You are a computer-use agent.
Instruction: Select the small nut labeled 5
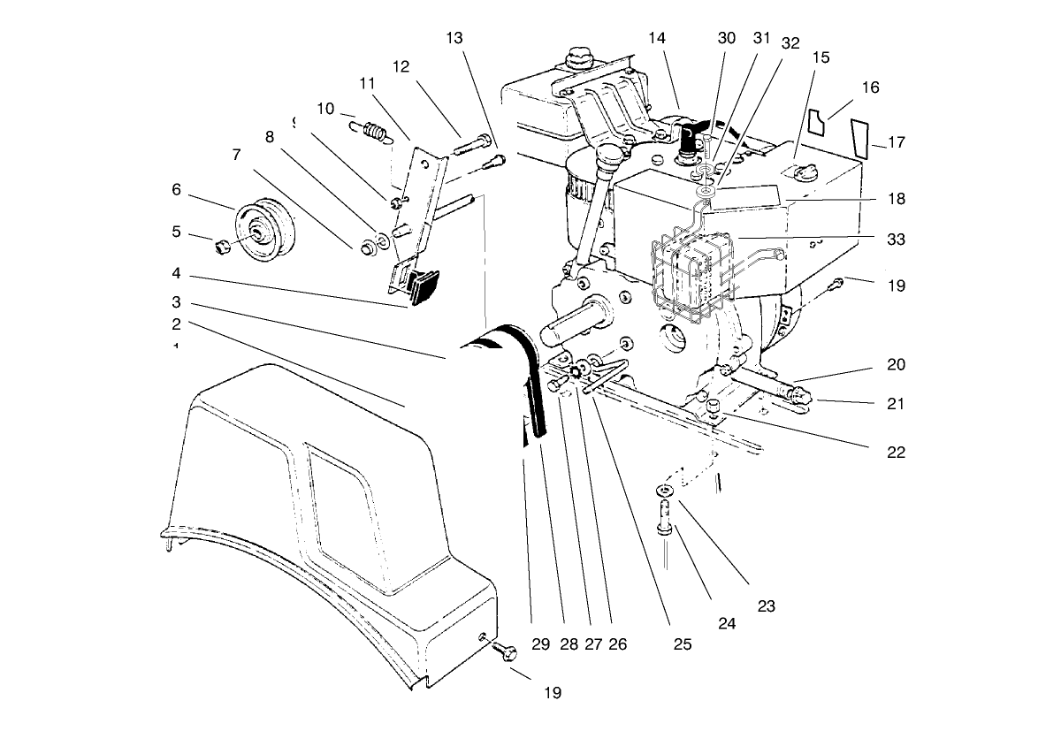[221, 244]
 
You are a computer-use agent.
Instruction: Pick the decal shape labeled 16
[821, 122]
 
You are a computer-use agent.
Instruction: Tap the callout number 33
[897, 239]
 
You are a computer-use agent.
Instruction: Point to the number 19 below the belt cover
[552, 693]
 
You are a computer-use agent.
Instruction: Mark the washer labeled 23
[663, 490]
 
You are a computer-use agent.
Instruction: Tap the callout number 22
[897, 452]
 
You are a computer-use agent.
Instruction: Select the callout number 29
[541, 644]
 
